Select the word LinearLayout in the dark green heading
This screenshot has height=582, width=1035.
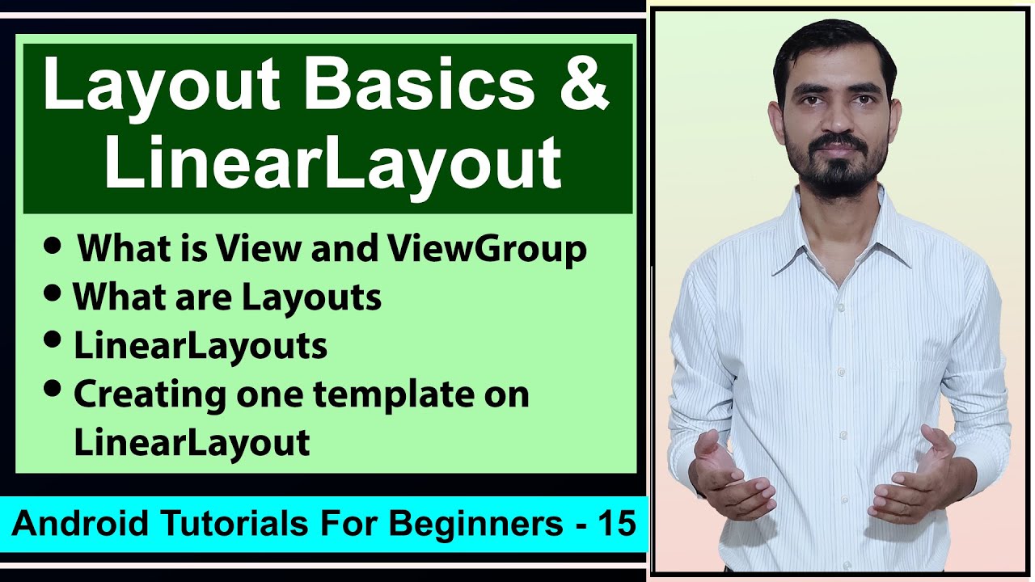point(332,162)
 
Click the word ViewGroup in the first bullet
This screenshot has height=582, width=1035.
point(486,250)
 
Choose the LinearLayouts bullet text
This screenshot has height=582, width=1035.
point(201,346)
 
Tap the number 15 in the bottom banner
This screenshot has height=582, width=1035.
point(618,525)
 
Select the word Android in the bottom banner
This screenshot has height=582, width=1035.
point(70,525)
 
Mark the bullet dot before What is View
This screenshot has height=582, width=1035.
point(53,247)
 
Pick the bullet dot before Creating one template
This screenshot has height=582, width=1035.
point(53,390)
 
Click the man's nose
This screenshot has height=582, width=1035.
point(836,120)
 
